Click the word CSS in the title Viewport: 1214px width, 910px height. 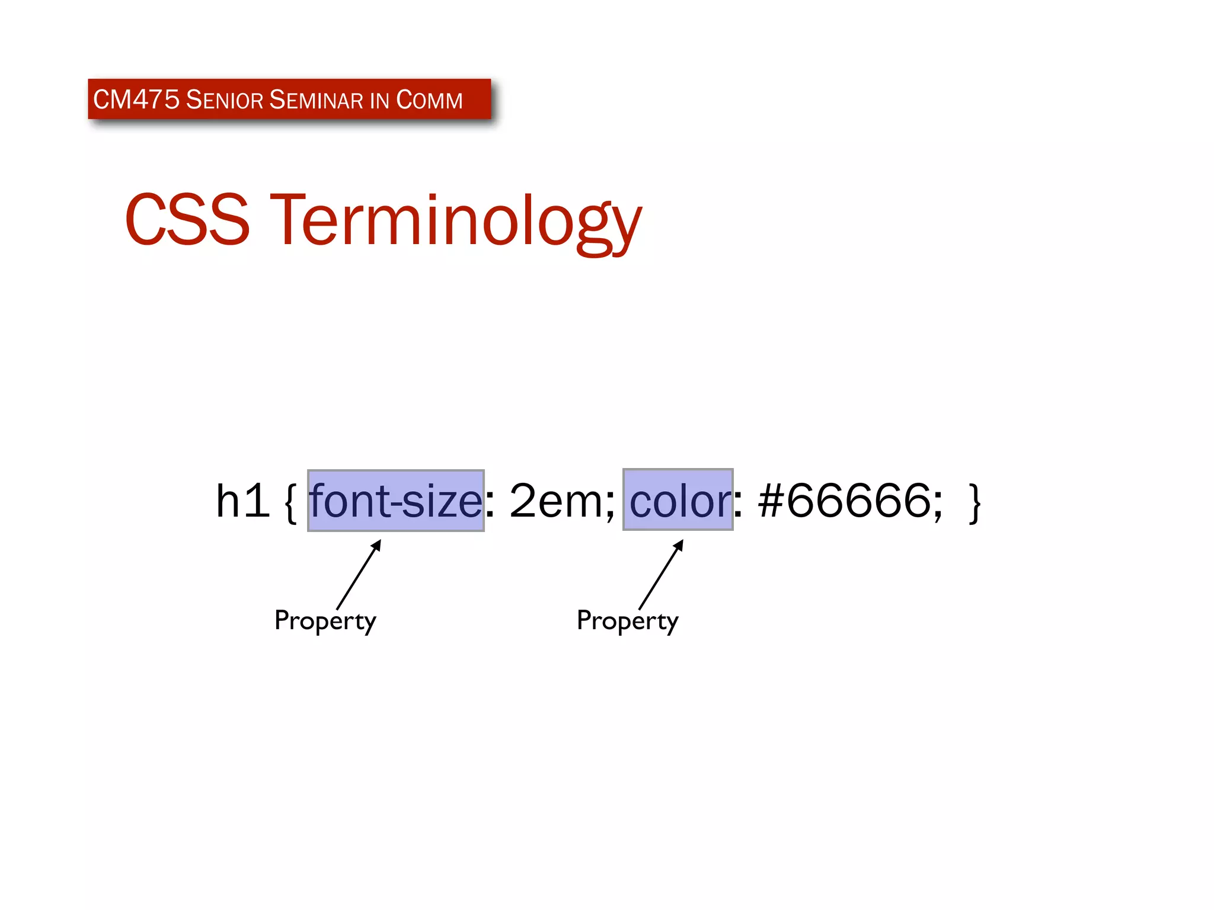coord(187,219)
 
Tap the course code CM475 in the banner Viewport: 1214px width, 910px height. coord(136,100)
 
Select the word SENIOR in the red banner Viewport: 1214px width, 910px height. coord(224,100)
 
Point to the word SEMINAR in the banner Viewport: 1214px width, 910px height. coord(316,100)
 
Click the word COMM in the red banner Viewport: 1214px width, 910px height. coord(429,100)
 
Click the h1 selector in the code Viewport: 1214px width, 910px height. coord(242,501)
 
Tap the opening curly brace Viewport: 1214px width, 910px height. coord(290,502)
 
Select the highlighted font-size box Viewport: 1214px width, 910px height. coord(395,501)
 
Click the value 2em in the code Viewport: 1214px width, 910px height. coord(554,501)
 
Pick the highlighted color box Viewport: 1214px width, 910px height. coord(678,500)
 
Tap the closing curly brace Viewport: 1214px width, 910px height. coord(975,502)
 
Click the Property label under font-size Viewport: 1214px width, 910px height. coord(325,621)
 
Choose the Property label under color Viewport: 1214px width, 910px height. coord(627,621)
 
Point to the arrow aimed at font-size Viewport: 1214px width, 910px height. coord(359,574)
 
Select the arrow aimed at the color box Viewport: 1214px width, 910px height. coord(661,574)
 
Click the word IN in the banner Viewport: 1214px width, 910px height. coord(379,100)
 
